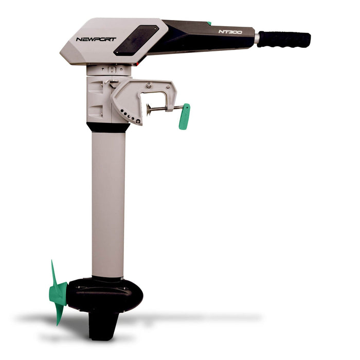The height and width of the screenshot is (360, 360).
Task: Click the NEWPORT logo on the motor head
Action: (96, 39)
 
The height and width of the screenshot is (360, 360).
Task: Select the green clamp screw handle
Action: (184, 116)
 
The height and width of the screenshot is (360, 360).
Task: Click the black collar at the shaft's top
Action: (108, 127)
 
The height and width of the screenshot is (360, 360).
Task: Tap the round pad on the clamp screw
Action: (149, 109)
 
